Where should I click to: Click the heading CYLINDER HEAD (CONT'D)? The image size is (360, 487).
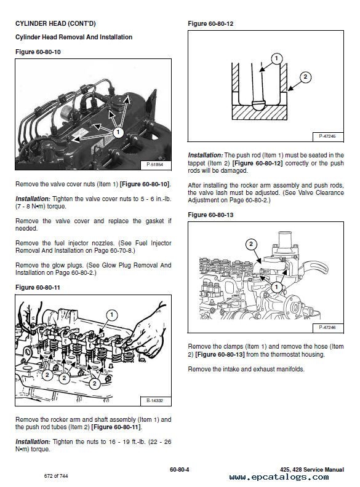tap(55, 23)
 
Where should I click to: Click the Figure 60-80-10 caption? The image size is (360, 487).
tap(38, 52)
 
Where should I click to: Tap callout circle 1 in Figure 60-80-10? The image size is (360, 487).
tap(118, 132)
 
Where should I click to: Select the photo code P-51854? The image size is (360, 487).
tap(154, 164)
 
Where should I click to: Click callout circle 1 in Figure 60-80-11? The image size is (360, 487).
tap(112, 315)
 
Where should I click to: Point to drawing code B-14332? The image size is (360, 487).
tap(154, 400)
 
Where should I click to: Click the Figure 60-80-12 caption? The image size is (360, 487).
tap(210, 23)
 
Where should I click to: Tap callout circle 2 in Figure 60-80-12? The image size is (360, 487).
tap(305, 77)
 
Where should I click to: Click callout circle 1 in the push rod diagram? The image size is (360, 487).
tap(276, 58)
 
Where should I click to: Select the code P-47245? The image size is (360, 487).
tap(327, 136)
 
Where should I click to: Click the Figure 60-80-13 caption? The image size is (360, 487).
tap(210, 215)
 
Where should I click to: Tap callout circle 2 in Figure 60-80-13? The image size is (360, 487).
tap(251, 244)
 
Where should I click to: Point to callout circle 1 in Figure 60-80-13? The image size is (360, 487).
tap(276, 287)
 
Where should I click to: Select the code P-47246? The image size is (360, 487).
tap(327, 327)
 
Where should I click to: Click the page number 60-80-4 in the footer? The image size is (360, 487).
tap(179, 470)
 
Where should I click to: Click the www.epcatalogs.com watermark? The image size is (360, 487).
tap(279, 477)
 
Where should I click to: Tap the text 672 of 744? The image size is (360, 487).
tap(56, 476)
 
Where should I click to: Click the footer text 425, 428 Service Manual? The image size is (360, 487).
tap(312, 470)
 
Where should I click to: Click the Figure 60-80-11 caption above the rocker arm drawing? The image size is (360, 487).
tap(38, 288)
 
